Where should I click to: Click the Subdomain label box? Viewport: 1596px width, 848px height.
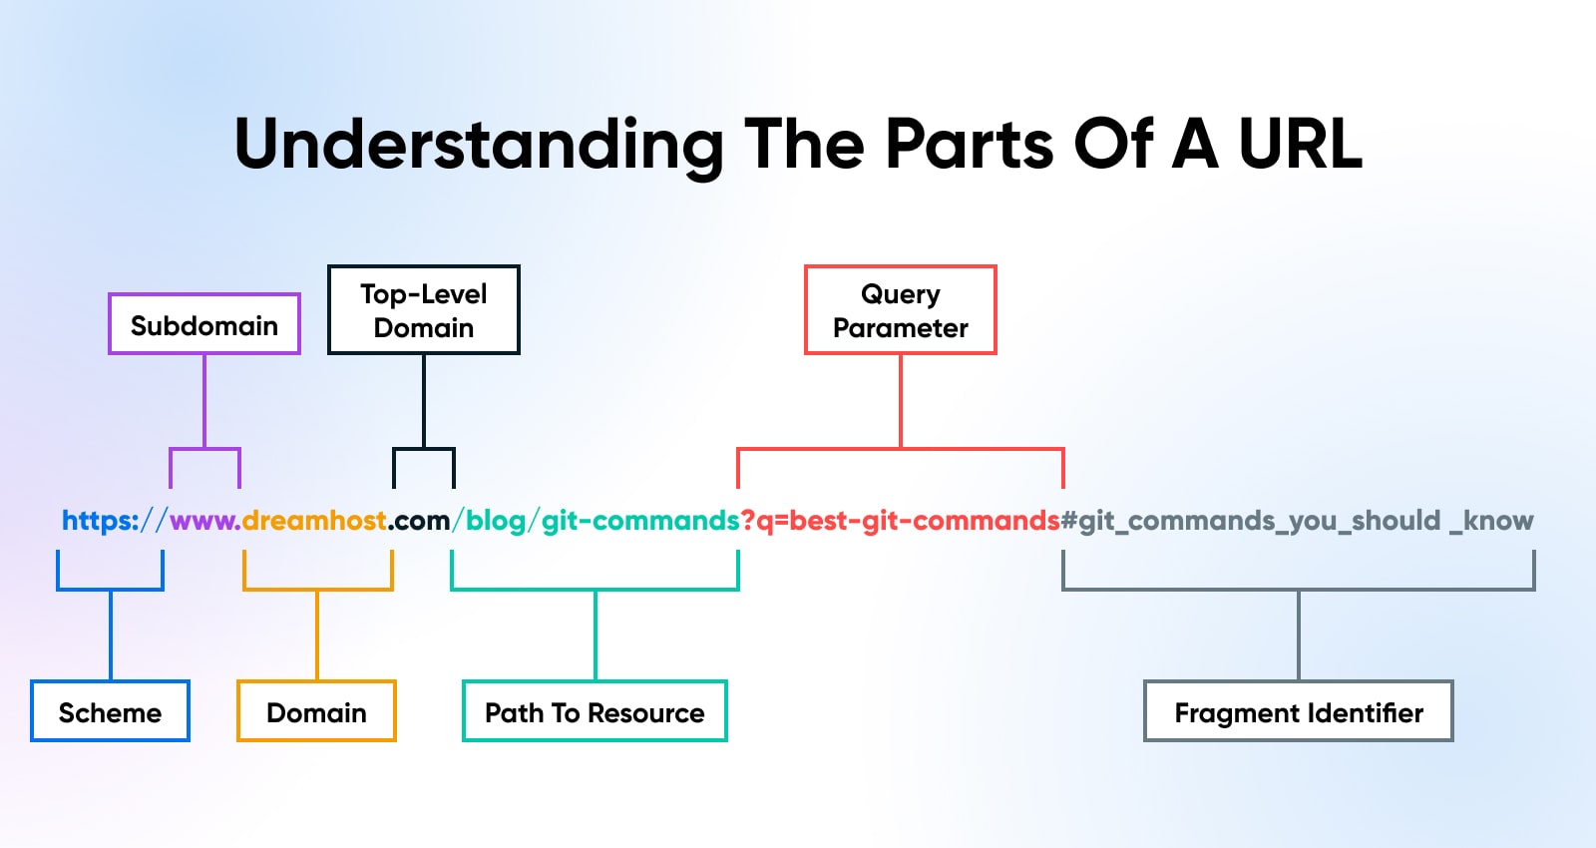pos(204,324)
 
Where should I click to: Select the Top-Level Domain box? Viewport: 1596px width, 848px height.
pos(424,310)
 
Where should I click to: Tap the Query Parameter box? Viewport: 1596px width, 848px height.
pos(901,310)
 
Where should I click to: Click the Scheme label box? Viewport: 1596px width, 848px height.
pos(110,711)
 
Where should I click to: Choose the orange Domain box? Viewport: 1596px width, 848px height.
pos(316,711)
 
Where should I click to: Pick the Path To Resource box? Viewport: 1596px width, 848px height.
pos(595,711)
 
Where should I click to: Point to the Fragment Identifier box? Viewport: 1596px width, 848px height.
pos(1298,711)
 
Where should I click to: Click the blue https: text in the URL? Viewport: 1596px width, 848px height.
pos(100,521)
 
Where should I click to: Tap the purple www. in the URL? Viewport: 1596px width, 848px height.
pos(204,521)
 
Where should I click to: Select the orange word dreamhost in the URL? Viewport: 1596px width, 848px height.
pos(314,521)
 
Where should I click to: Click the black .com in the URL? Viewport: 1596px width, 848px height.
pos(420,521)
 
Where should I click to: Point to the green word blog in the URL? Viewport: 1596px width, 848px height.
pos(496,521)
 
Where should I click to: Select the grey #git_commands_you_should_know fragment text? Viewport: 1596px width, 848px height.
pos(1297,521)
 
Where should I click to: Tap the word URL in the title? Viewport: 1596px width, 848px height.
pos(1300,145)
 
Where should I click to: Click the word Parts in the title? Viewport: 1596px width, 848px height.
pos(969,145)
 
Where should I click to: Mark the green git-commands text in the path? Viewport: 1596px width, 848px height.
pos(640,521)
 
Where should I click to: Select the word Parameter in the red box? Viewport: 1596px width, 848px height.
pos(901,328)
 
